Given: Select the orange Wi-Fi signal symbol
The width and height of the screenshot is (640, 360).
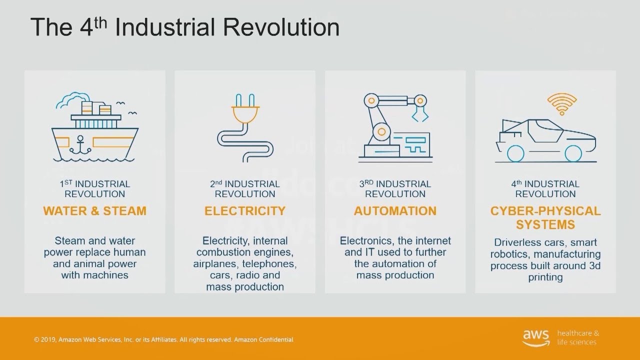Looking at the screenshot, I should pyautogui.click(x=562, y=104).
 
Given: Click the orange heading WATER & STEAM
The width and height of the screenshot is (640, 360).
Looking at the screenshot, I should pyautogui.click(x=94, y=211).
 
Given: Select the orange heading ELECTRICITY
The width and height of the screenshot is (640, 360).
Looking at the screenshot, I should pyautogui.click(x=245, y=211).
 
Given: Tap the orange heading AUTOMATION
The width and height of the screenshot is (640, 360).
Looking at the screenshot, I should pyautogui.click(x=395, y=211).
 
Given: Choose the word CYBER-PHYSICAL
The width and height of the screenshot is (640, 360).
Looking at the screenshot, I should pyautogui.click(x=545, y=211).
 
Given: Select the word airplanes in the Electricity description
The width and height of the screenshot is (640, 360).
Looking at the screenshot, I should pyautogui.click(x=216, y=263).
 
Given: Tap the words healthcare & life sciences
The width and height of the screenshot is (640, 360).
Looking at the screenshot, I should pyautogui.click(x=577, y=337).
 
